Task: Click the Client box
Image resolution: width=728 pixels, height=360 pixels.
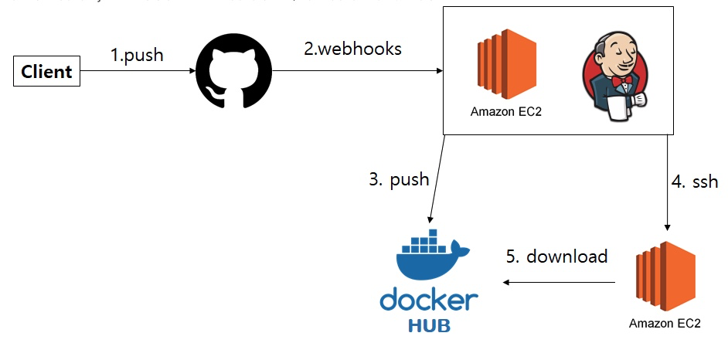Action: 47,72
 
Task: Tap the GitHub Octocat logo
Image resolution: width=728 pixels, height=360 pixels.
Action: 234,72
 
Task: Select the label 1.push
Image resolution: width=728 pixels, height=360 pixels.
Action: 138,56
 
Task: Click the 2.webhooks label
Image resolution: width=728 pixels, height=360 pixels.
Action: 352,49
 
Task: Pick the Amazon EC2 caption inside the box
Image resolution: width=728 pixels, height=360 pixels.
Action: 506,111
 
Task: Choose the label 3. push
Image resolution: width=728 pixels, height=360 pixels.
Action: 399,179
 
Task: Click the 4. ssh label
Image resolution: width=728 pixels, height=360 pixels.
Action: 695,182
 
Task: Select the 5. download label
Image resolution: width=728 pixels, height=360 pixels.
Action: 556,256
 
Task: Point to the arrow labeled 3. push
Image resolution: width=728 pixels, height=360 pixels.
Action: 436,182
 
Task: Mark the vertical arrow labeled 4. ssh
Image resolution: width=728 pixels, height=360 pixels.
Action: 668,182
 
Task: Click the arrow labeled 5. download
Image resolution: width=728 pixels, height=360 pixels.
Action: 560,283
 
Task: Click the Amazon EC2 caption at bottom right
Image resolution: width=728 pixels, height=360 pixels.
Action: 665,323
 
